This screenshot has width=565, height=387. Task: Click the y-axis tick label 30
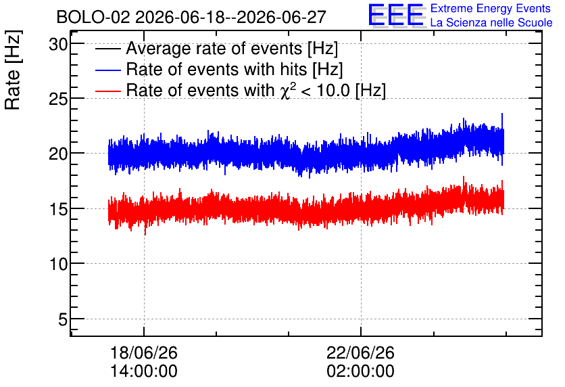[x=58, y=45]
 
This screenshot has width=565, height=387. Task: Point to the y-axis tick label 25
[x=58, y=99]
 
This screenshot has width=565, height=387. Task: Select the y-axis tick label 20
[x=58, y=154]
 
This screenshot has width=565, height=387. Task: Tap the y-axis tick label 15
[x=58, y=210]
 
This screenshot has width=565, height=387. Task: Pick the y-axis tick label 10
[x=58, y=265]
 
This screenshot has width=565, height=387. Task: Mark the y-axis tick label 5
[x=63, y=319]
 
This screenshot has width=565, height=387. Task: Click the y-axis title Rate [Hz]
[x=13, y=70]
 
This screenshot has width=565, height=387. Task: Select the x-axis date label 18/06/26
[x=144, y=352]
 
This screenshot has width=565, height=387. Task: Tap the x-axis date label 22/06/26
[x=361, y=352]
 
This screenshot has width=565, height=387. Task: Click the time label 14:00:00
[x=144, y=371]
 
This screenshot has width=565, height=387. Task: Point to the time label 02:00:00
[x=361, y=371]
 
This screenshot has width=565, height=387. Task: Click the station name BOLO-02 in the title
[x=93, y=17]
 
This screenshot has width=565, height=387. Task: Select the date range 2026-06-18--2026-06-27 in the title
[x=230, y=17]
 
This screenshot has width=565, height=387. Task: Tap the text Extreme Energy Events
[x=491, y=8]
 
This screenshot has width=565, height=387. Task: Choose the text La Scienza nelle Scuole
[x=491, y=22]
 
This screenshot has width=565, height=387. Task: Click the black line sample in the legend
[x=107, y=49]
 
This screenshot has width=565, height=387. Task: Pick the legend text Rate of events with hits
[x=216, y=69]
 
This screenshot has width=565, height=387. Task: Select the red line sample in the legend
[x=107, y=91]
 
